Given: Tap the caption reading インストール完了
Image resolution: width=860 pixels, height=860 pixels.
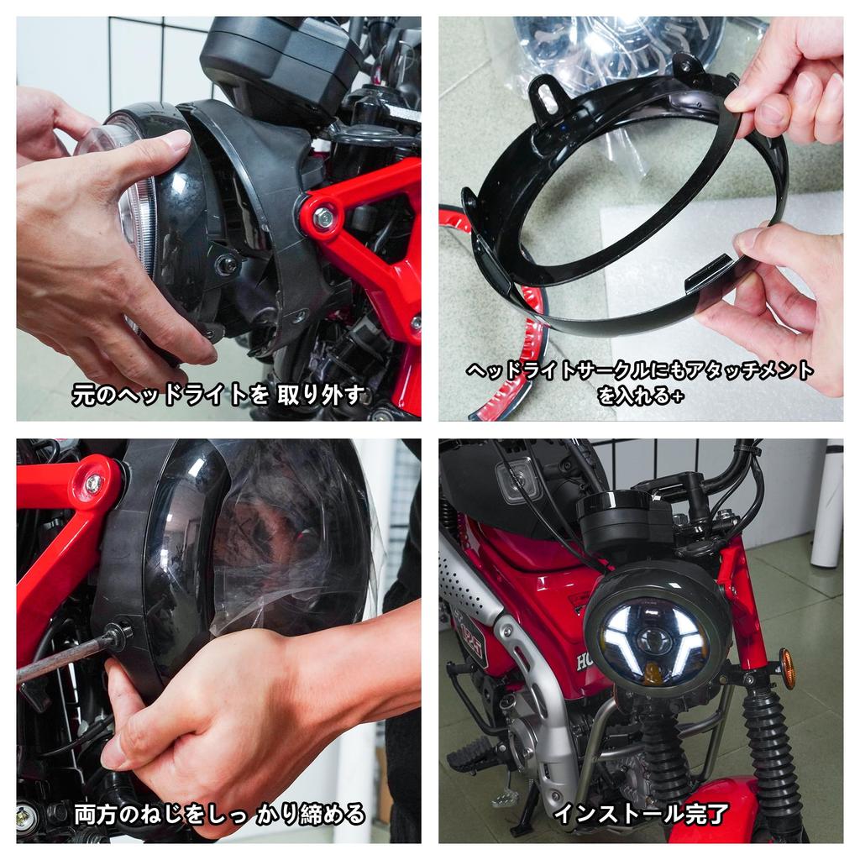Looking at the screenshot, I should [x=641, y=813].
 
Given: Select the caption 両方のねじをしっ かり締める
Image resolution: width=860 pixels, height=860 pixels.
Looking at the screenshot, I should [x=219, y=813].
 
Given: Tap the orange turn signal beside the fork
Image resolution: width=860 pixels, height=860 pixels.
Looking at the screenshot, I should [x=787, y=668].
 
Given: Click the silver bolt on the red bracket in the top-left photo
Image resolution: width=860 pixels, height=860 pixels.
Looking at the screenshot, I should [x=323, y=218].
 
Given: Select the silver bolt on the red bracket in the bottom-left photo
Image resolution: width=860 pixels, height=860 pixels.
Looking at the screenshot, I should [x=92, y=484].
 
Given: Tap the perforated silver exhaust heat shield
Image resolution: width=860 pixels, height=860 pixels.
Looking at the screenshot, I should [x=475, y=588].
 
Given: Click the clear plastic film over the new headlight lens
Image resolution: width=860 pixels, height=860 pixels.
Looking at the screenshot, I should [x=286, y=537].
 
